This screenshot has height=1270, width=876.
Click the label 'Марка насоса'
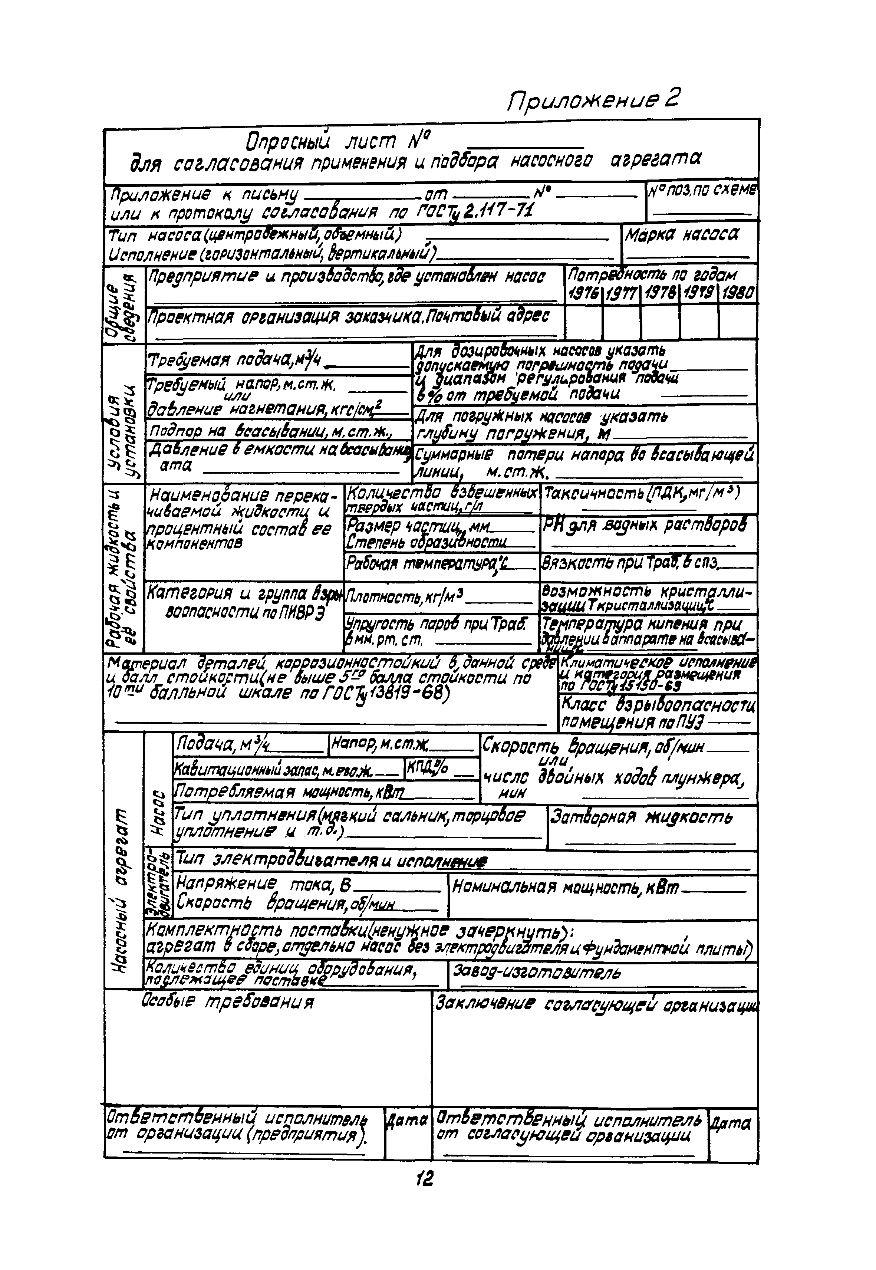pos(682,236)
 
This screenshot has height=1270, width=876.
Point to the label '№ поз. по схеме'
pos(702,191)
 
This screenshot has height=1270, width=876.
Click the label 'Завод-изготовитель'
pos(537,973)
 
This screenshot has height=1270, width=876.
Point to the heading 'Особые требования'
pos(228,1002)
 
